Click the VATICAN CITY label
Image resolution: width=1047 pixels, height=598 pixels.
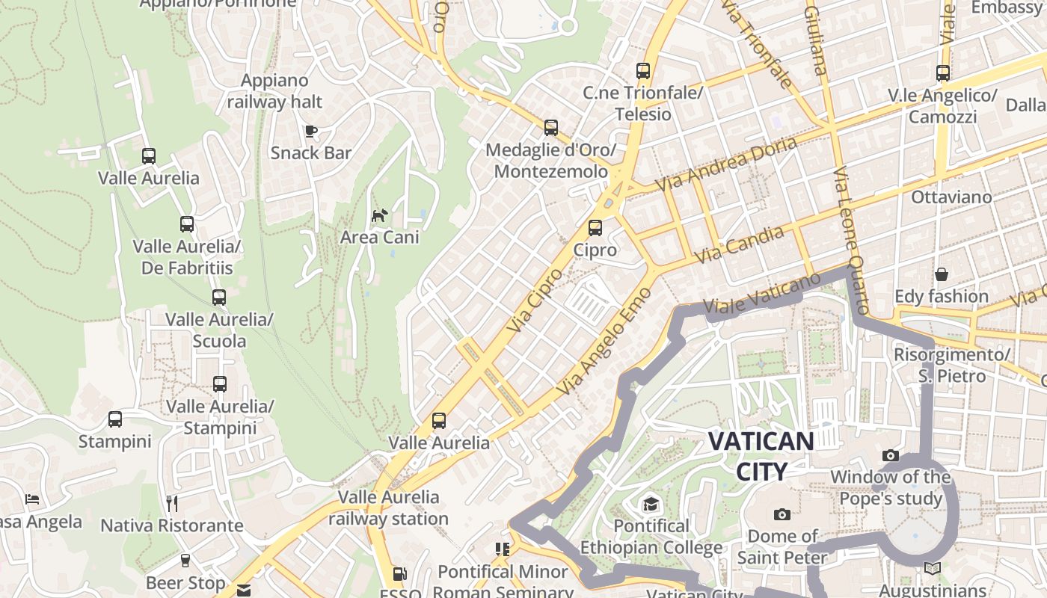761,456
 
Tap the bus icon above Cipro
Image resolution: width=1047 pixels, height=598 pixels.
595,228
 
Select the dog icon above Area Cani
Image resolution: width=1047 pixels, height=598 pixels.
380,216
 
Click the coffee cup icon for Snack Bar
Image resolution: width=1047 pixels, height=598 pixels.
311,132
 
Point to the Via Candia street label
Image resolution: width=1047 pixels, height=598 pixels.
739,244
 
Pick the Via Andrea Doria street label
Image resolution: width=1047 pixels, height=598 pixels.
725,164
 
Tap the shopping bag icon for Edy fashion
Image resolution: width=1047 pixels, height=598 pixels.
942,274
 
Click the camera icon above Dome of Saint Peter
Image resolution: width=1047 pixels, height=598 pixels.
782,514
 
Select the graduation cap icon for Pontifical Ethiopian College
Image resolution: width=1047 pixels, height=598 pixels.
651,504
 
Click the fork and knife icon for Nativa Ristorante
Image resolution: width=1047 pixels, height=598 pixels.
172,503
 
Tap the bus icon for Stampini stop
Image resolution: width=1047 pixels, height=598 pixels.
115,419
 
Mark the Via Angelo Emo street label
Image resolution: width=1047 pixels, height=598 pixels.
604,341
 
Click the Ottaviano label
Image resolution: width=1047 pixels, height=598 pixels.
951,197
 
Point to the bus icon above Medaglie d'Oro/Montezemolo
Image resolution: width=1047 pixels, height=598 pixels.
551,128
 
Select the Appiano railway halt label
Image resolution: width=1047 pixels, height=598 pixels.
274,91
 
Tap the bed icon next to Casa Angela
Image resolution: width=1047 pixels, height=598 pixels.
32,499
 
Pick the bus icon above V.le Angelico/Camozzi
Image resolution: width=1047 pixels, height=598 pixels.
943,73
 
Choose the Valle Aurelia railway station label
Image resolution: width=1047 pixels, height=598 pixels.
388,508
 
